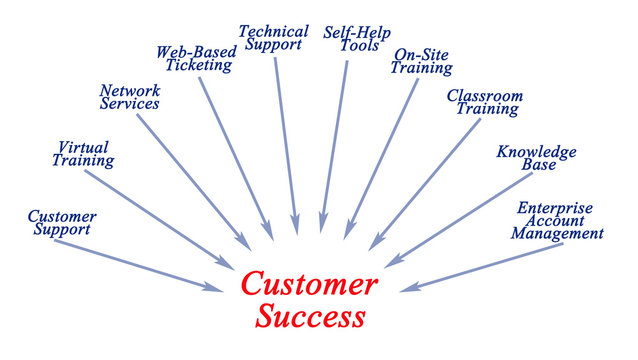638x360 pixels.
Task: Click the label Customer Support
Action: pos(61,222)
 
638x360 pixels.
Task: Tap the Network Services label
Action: pos(129,96)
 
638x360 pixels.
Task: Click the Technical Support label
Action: pos(273,39)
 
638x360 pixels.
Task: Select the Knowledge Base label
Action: pos(537,158)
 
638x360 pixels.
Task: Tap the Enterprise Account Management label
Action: pos(557,220)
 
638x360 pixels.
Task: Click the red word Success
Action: pos(309,318)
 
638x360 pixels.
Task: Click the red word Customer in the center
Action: pos(309,285)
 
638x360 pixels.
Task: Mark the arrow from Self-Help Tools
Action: pos(335,145)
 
